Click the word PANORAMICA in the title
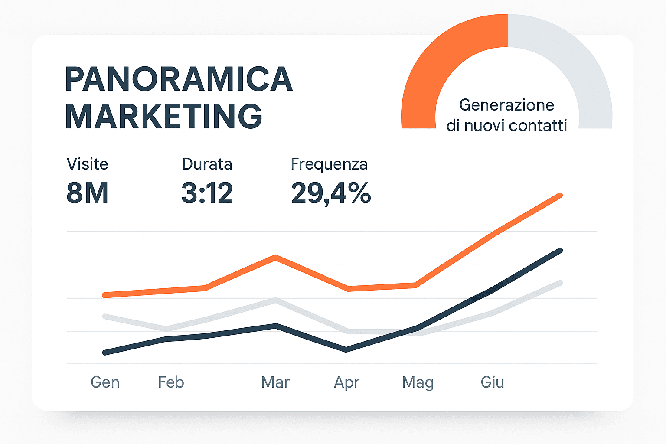[x=179, y=79]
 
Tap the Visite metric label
[x=87, y=164]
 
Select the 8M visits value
[x=87, y=193]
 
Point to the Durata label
[x=207, y=164]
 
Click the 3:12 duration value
[x=207, y=193]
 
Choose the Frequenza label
[x=329, y=164]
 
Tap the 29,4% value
[x=330, y=193]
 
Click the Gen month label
[x=105, y=382]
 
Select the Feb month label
[x=171, y=382]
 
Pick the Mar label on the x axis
[x=275, y=382]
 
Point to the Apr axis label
[x=346, y=382]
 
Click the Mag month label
[x=418, y=382]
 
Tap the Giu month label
[x=492, y=382]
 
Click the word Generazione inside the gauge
[x=506, y=105]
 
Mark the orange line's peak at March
[x=275, y=257]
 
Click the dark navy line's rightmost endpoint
[x=560, y=251]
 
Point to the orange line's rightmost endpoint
[x=560, y=196]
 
